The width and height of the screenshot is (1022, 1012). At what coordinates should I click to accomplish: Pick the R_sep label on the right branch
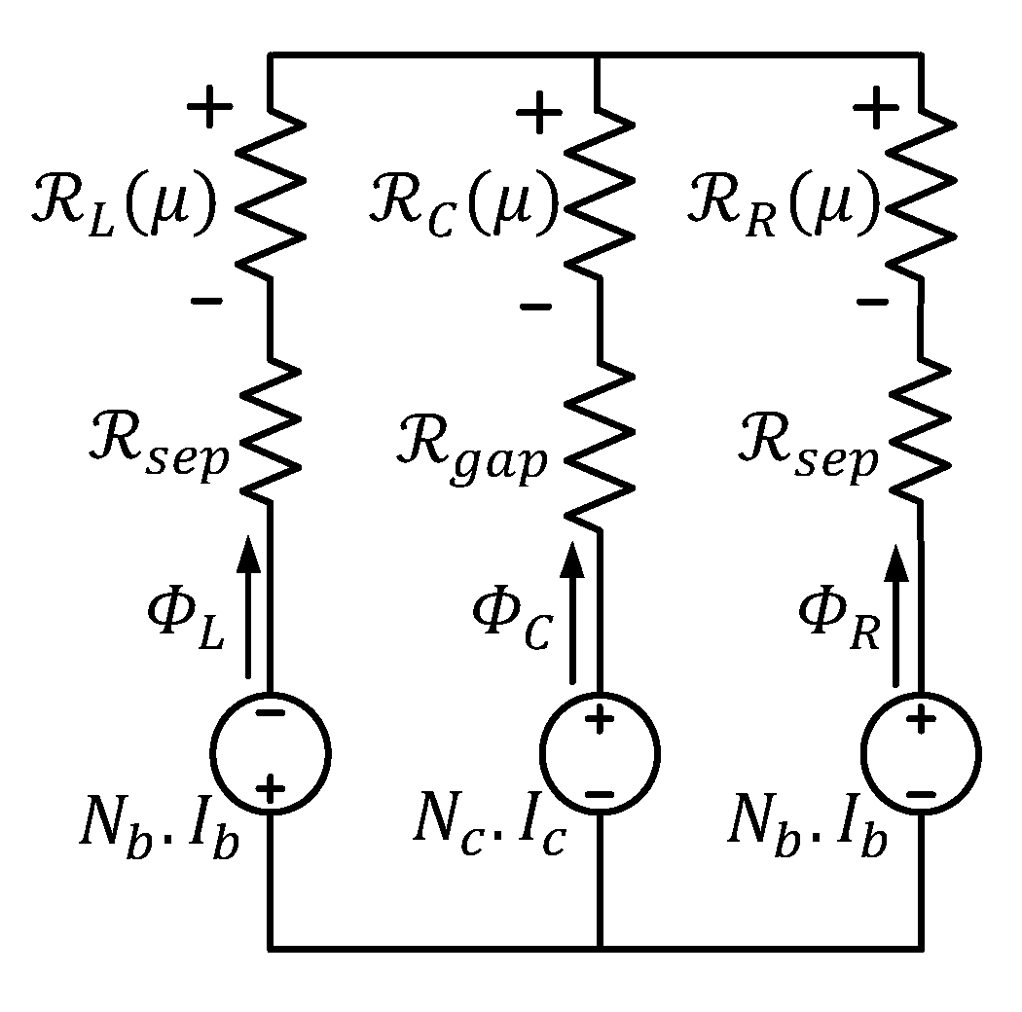tap(807, 453)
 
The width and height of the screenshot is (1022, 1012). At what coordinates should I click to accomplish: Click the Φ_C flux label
tap(512, 623)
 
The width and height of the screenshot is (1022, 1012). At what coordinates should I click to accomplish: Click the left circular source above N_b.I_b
tap(271, 752)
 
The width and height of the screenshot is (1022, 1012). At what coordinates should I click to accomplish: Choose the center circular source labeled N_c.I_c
tap(600, 755)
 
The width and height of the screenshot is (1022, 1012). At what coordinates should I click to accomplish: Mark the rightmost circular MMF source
tap(921, 755)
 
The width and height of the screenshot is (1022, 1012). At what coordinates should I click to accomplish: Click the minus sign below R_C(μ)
tap(535, 307)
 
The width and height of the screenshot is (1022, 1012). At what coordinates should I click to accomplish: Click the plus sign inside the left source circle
tap(272, 787)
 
